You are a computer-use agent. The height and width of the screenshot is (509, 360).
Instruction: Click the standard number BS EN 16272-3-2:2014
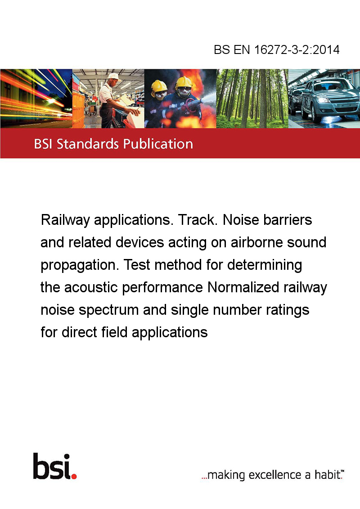276,49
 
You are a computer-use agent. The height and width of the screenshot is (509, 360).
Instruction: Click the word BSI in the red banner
44,144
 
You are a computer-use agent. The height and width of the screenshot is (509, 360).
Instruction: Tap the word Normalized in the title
243,287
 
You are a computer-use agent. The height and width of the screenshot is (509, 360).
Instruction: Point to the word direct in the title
80,332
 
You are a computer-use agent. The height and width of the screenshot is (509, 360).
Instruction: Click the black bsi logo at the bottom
52,466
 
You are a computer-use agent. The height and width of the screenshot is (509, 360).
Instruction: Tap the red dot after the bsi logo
74,476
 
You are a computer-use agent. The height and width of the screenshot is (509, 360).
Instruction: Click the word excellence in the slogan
275,475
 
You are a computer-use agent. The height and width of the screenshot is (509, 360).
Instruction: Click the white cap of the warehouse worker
114,76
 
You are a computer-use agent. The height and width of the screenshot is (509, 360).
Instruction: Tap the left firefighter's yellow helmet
158,86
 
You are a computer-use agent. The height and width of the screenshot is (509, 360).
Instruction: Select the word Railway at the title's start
65,220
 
